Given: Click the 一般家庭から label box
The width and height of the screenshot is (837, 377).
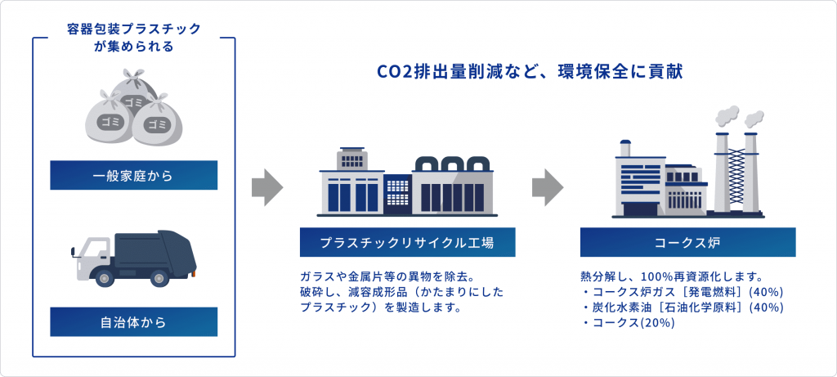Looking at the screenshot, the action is pos(133,175).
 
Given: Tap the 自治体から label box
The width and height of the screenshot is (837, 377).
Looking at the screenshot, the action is pos(133,322).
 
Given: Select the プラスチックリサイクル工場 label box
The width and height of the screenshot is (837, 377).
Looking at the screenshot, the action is pos(407,242).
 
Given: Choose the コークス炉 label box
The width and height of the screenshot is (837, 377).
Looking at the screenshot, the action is pos(688,242).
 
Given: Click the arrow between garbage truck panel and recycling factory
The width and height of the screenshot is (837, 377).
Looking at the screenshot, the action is pos(267,187).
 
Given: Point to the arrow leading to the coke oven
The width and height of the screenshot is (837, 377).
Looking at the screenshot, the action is pos(548,187).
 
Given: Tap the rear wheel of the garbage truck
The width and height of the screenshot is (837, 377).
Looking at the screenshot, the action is pos(158,277).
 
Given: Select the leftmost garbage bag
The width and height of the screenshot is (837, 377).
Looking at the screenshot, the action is pos(109,120).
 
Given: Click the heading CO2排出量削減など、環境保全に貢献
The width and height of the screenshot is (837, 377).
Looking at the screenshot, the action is pos(530,73).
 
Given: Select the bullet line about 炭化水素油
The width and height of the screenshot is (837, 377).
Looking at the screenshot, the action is pos(683,307).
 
